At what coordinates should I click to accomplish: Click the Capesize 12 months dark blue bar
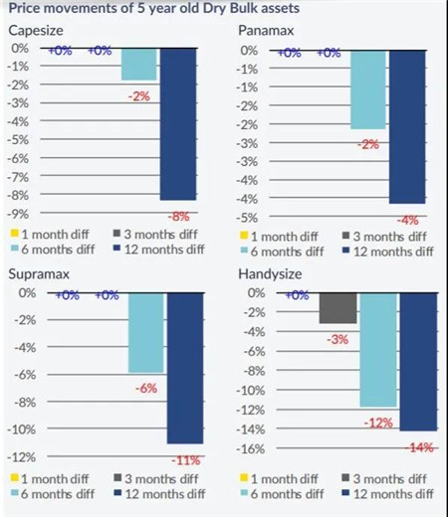[x=178, y=124]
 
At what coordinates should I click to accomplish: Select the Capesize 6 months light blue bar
[x=139, y=65]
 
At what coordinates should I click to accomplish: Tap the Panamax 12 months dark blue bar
[x=407, y=127]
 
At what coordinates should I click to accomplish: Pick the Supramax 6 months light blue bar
[x=146, y=333]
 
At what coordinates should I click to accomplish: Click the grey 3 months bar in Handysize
[x=337, y=308]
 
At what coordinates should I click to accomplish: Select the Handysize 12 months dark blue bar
[x=418, y=362]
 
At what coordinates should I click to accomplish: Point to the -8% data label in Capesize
[x=178, y=217]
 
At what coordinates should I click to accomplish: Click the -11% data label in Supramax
[x=186, y=460]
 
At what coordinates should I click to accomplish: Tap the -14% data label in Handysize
[x=419, y=448]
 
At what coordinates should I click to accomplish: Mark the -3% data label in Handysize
[x=337, y=340]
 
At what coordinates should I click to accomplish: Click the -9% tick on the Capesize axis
[x=18, y=214]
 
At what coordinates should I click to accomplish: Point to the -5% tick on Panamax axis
[x=247, y=218]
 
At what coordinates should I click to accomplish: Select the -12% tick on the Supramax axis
[x=22, y=457]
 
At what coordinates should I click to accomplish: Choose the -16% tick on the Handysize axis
[x=251, y=449]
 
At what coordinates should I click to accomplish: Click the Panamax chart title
[x=266, y=31]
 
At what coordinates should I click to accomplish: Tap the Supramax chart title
[x=39, y=274]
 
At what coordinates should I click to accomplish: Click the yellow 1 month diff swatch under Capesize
[x=14, y=233]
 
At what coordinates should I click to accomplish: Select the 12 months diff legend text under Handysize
[x=393, y=494]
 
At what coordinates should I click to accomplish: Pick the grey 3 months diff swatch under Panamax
[x=345, y=236]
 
